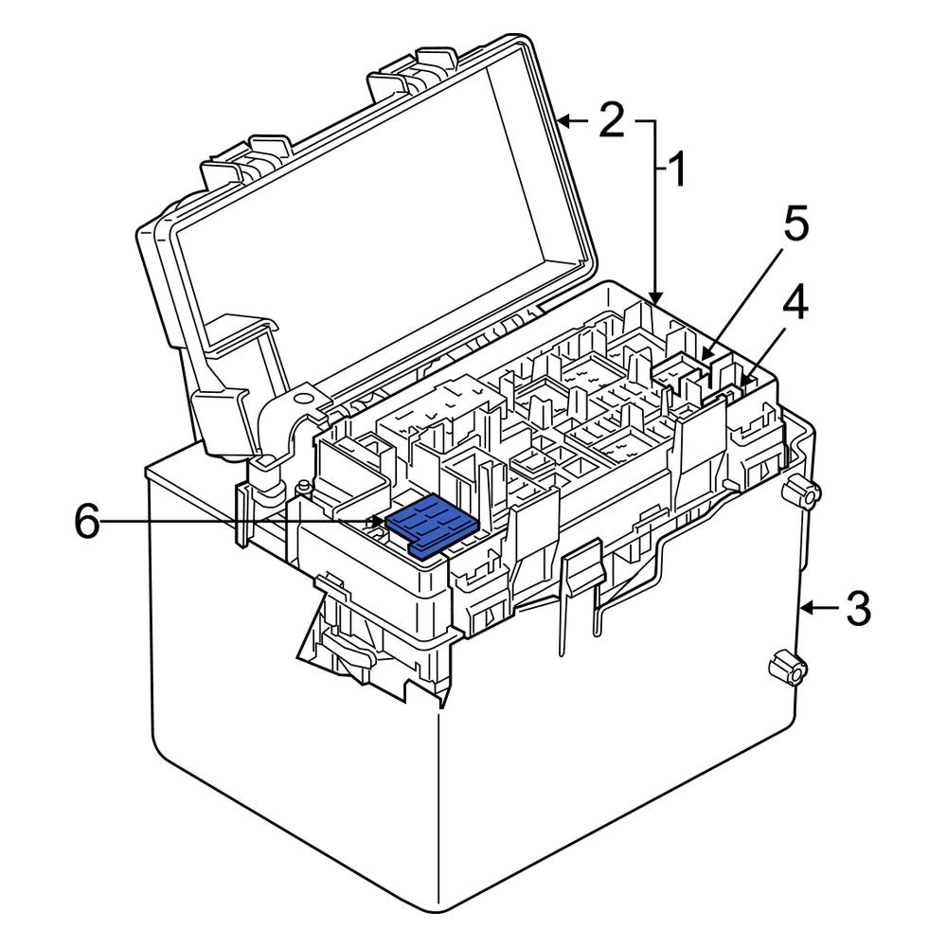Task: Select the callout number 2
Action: pos(611,120)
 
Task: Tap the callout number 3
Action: pos(857,609)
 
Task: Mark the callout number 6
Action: pos(87,522)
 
